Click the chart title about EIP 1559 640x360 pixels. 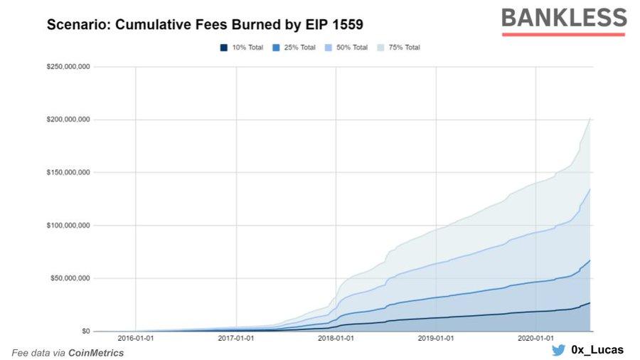tap(205, 25)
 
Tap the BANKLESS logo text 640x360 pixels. tap(563, 18)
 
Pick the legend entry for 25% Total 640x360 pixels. tap(295, 48)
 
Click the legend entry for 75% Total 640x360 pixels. tap(400, 48)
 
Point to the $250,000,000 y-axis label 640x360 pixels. tap(69, 67)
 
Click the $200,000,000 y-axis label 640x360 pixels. tap(69, 120)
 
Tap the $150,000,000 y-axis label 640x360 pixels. tap(69, 172)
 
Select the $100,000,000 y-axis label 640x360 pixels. tap(69, 226)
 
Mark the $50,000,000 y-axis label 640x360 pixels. tap(71, 278)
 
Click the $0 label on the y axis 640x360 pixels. tap(85, 331)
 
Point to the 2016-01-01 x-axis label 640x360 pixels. tap(136, 339)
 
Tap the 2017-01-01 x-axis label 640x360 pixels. tap(236, 339)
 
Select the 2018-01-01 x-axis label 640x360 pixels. tap(337, 339)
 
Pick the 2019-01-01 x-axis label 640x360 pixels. tap(437, 339)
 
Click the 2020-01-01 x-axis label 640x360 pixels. tap(538, 339)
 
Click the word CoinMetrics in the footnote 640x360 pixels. tap(95, 353)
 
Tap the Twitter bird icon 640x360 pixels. tap(558, 351)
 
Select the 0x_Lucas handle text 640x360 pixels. tap(597, 351)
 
